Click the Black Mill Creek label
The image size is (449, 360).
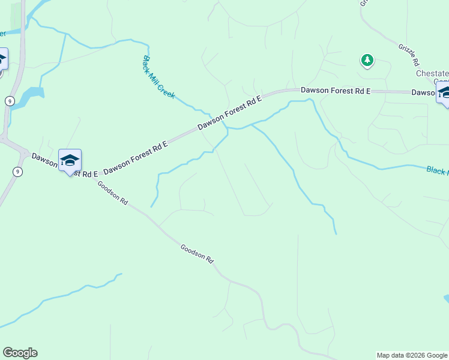(158, 77)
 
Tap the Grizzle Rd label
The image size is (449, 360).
(408, 55)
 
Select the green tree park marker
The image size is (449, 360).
(367, 60)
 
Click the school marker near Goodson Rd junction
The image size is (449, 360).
(70, 160)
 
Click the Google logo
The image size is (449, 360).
(20, 353)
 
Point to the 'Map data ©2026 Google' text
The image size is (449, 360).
(412, 355)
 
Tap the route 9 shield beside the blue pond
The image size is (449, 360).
(10, 101)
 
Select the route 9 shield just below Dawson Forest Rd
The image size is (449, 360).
(17, 172)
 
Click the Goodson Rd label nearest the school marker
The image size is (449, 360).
(113, 194)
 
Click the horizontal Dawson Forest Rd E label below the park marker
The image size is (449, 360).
(336, 90)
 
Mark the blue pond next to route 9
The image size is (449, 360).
(30, 96)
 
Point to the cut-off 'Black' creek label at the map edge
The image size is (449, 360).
(438, 171)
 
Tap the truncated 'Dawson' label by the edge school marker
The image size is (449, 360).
(423, 92)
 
